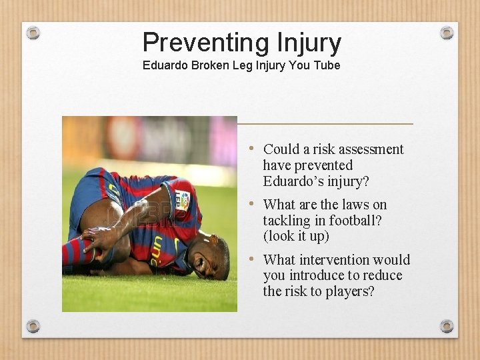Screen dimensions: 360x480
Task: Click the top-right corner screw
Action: pyautogui.click(x=447, y=33)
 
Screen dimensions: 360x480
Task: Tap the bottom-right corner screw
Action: pyautogui.click(x=447, y=326)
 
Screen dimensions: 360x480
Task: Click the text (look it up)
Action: pyautogui.click(x=296, y=237)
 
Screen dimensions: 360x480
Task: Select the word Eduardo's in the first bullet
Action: pyautogui.click(x=293, y=181)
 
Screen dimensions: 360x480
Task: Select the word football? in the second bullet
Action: pyautogui.click(x=359, y=221)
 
